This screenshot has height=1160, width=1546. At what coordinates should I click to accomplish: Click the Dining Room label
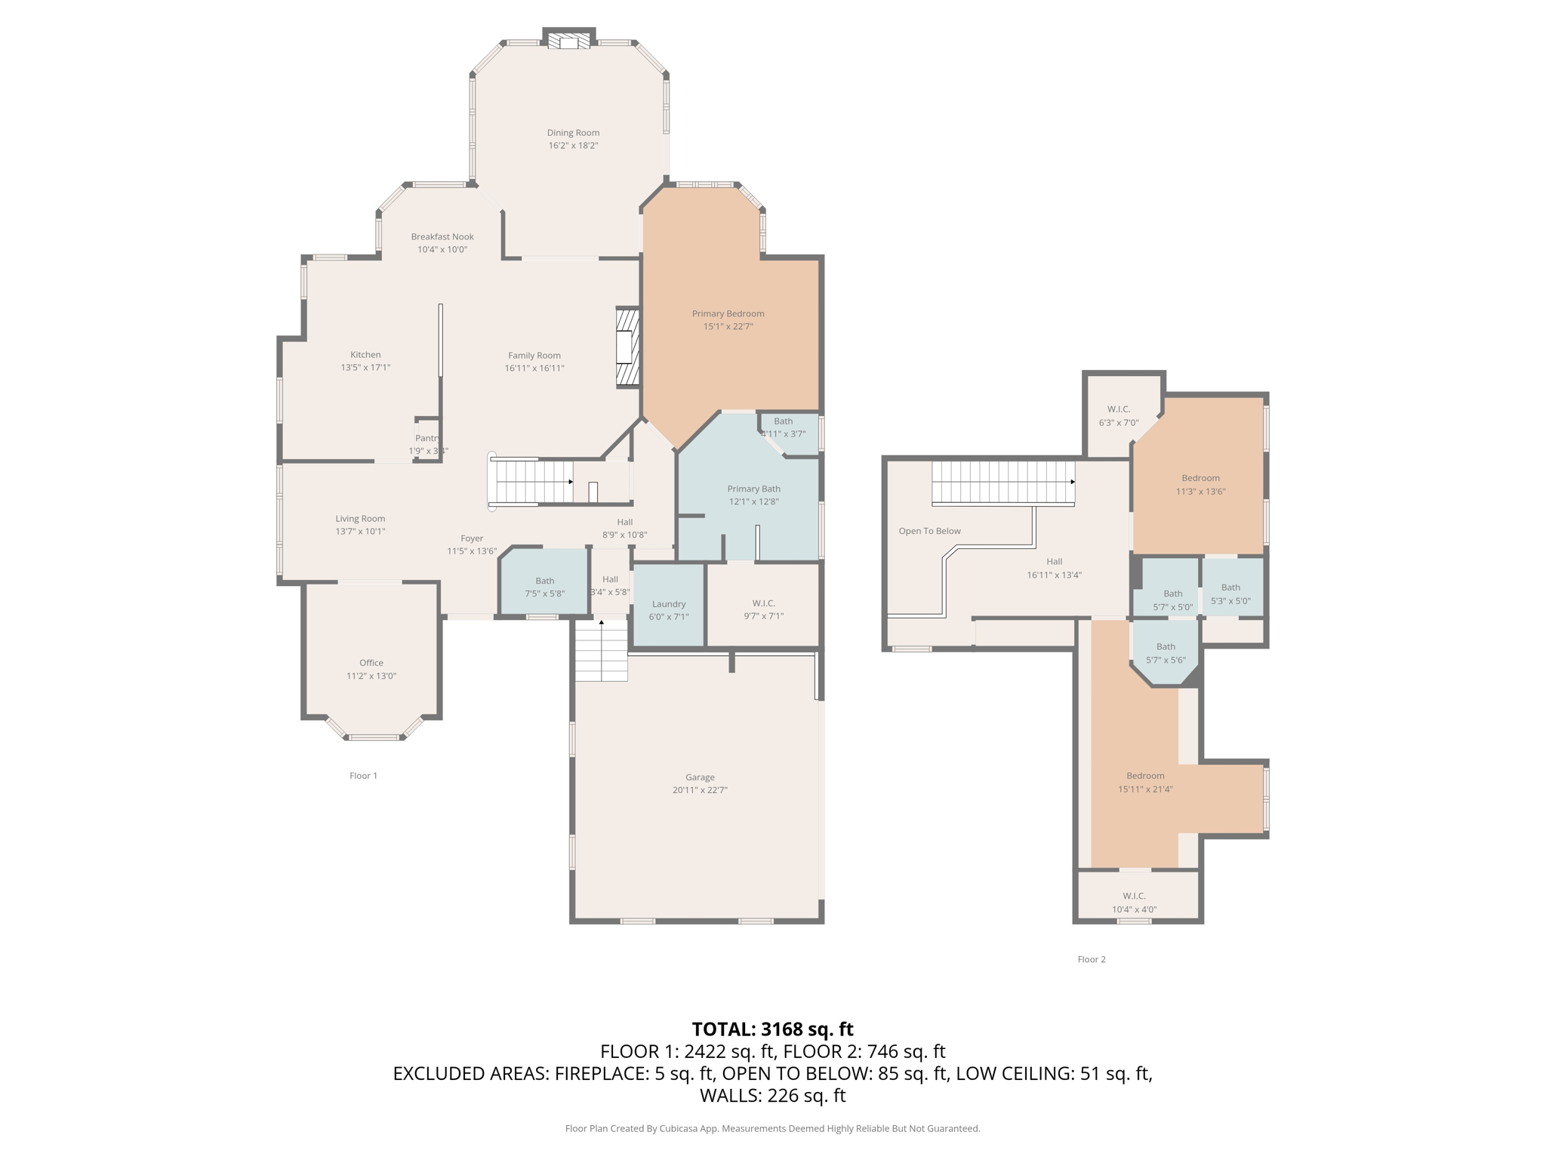click(x=573, y=133)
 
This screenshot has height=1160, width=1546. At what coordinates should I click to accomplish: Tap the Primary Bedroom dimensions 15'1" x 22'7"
click(x=728, y=326)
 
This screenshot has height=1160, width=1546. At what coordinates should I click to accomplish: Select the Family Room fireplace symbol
click(x=627, y=348)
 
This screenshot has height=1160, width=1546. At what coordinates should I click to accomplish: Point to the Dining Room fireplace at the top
click(x=568, y=42)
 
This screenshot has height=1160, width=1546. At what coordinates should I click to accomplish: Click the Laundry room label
click(x=668, y=603)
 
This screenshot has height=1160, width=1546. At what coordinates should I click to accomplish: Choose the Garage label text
click(x=700, y=777)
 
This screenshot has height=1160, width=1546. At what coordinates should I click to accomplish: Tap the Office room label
click(x=371, y=662)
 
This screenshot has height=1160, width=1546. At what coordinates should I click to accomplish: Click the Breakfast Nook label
click(x=442, y=236)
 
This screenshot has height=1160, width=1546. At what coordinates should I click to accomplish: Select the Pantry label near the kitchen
click(x=427, y=438)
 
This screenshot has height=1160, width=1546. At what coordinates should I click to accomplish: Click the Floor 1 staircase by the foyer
click(x=533, y=482)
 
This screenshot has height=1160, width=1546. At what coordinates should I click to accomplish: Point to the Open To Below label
click(x=929, y=531)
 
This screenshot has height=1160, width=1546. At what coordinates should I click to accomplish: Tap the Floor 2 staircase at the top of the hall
click(x=1002, y=482)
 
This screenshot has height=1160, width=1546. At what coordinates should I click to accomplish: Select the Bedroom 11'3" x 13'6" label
click(x=1200, y=478)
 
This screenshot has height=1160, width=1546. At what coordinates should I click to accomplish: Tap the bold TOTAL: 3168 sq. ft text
click(x=772, y=1029)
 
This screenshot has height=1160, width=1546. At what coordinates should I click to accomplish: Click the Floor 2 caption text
click(x=1091, y=959)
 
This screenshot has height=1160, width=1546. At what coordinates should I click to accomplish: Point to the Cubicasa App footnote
click(x=772, y=1128)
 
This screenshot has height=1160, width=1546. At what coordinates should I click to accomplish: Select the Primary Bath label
click(x=753, y=489)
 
